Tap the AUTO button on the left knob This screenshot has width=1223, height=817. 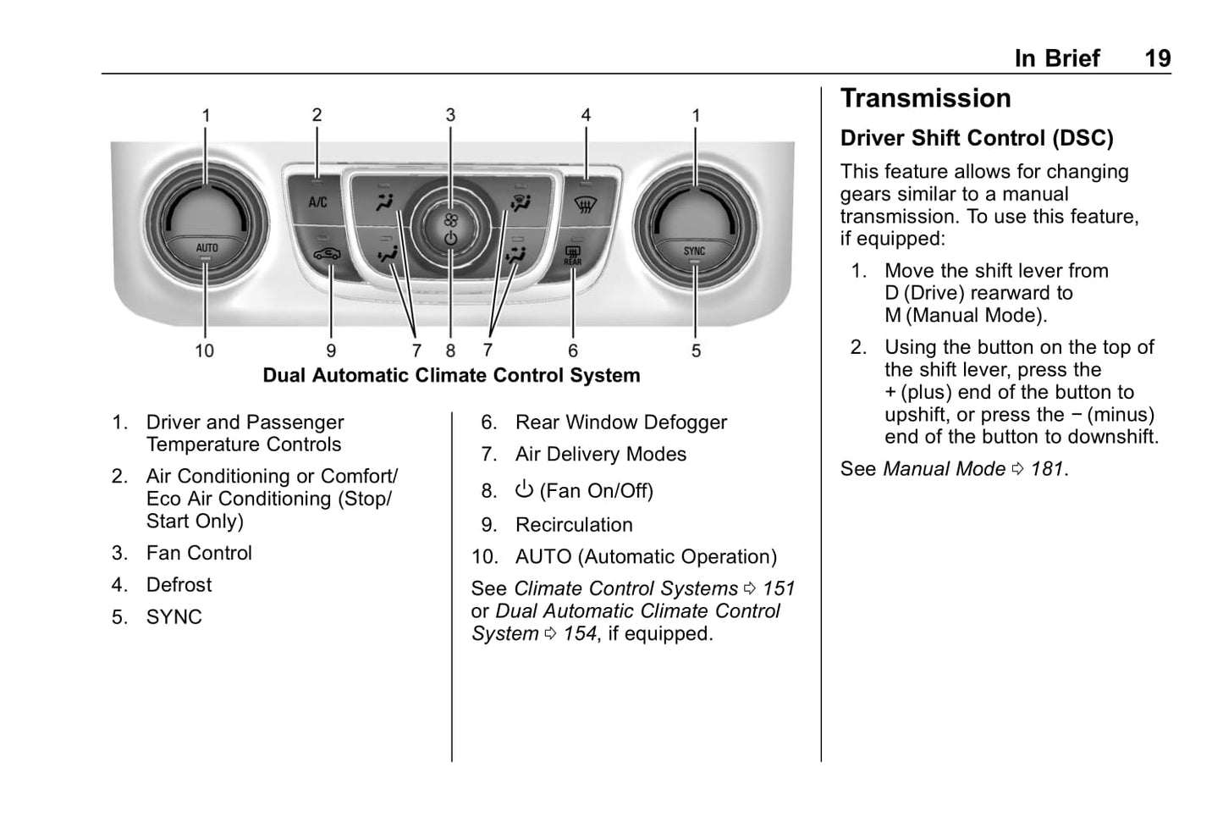tap(207, 248)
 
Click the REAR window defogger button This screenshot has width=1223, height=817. tap(573, 255)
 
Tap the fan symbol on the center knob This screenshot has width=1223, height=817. tap(450, 220)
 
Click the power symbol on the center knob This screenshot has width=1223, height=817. tap(450, 240)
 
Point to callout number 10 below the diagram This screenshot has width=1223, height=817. tap(205, 351)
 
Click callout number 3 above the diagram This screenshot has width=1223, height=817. tap(450, 115)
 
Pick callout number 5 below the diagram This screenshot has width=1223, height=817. tap(696, 351)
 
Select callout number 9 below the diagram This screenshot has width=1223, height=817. tap(331, 351)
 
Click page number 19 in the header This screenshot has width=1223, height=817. tap(1157, 58)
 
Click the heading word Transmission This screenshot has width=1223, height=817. tap(925, 98)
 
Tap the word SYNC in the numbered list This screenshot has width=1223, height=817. tap(174, 617)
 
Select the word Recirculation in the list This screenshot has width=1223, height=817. tap(574, 525)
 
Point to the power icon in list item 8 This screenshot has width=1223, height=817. tap(525, 489)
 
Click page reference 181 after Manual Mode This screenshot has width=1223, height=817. tap(1047, 469)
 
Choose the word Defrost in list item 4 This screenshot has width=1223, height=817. tap(179, 585)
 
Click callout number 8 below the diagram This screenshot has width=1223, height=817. tap(450, 351)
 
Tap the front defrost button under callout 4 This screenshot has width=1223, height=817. tap(583, 203)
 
